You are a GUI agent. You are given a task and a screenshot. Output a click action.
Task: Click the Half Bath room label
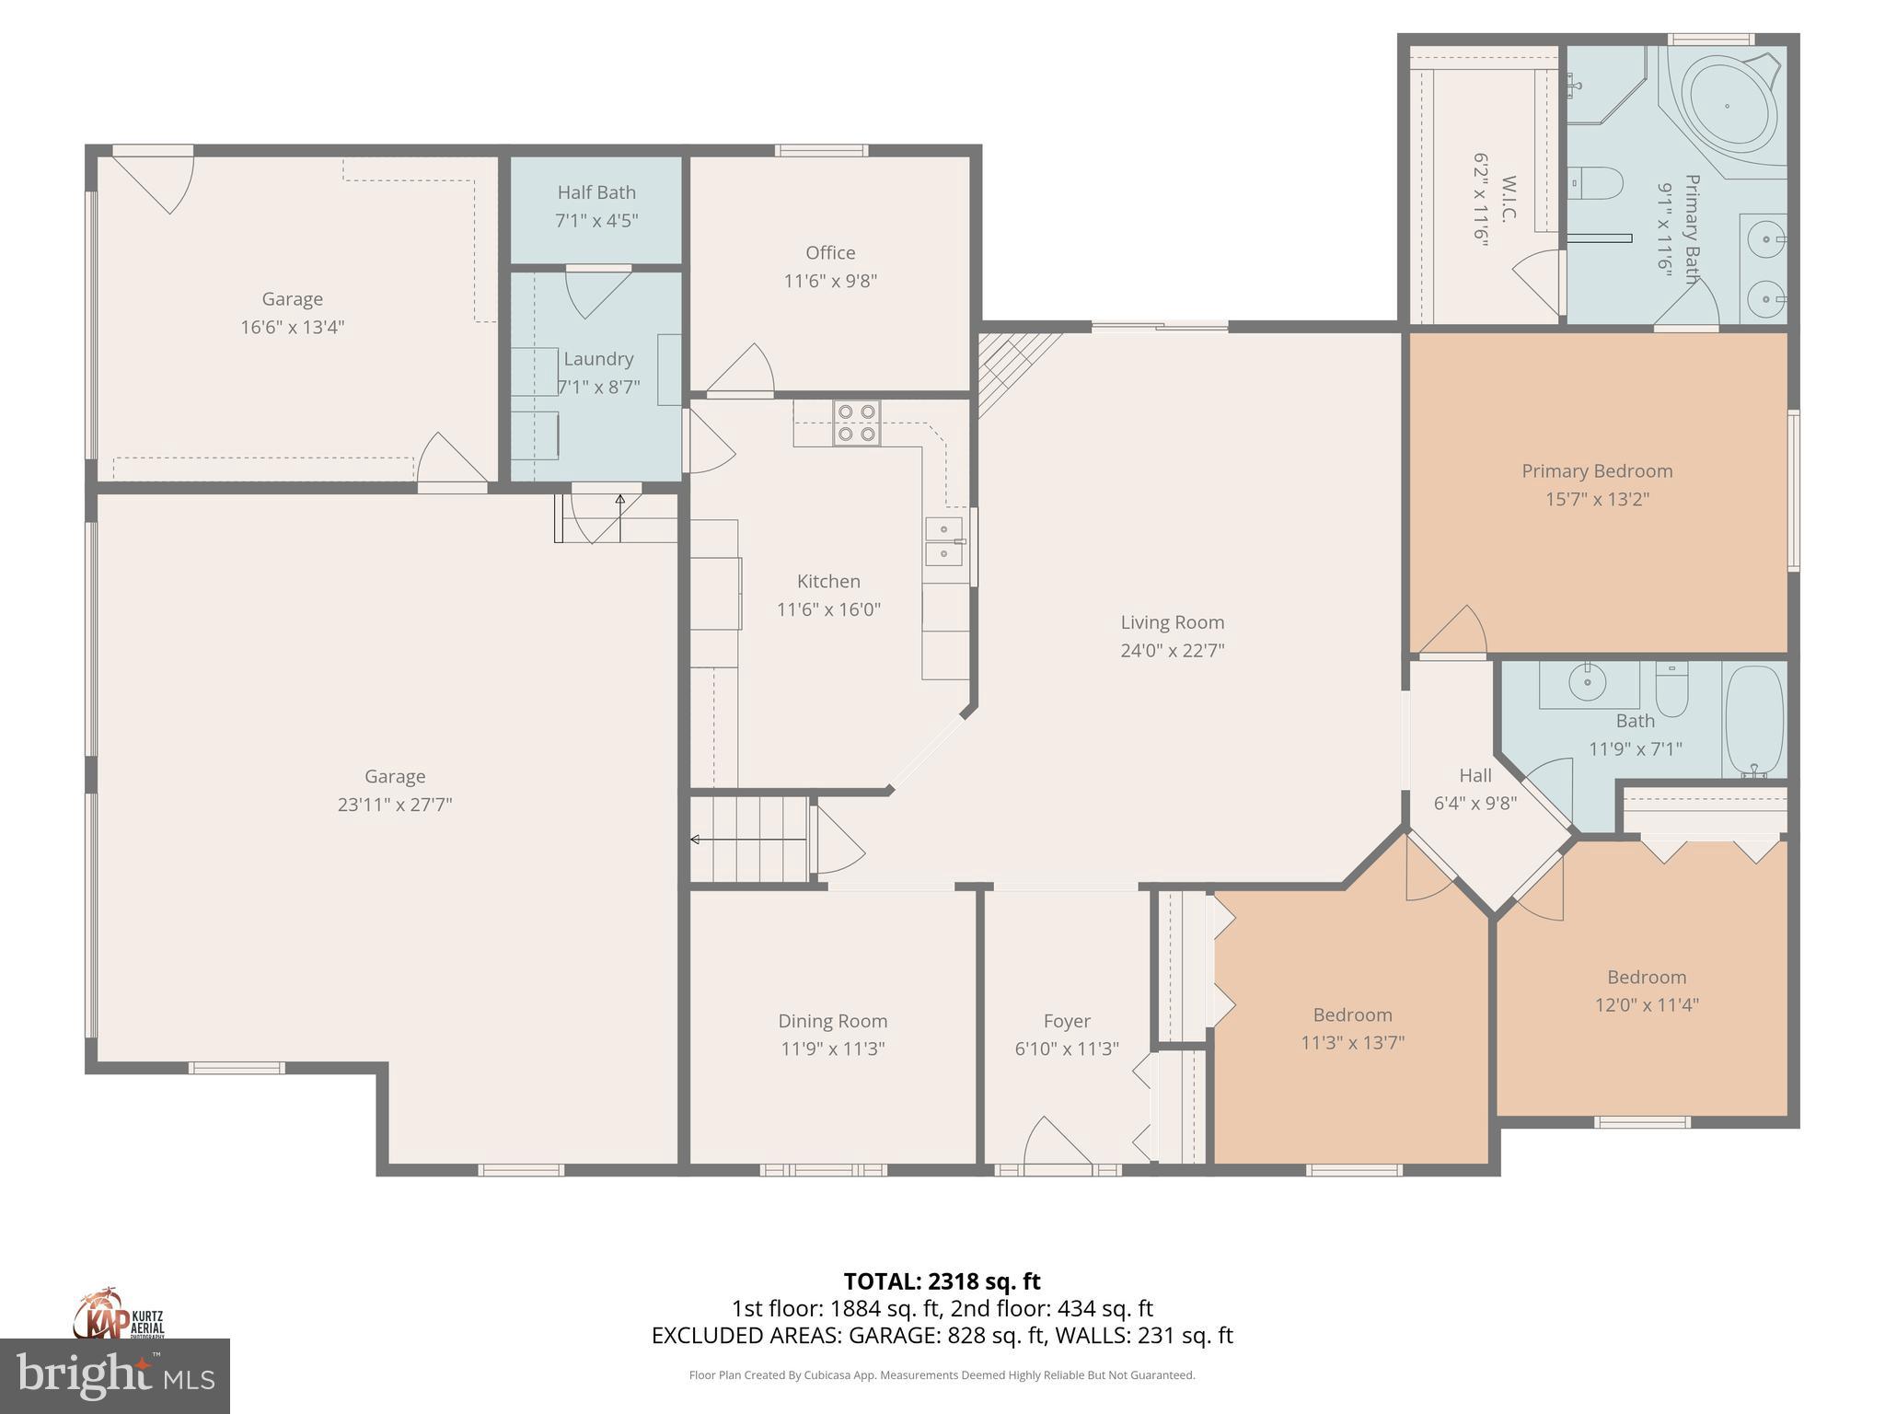click(596, 192)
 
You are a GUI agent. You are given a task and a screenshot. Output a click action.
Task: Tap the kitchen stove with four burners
click(856, 423)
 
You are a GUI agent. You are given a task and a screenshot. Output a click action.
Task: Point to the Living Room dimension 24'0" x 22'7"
click(1172, 650)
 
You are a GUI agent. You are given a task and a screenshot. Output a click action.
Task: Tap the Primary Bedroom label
click(1596, 471)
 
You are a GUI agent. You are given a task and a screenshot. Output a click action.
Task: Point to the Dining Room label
click(832, 1021)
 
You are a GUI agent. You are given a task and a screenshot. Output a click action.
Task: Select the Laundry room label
click(598, 359)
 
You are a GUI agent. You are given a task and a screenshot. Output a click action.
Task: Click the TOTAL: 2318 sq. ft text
click(942, 1281)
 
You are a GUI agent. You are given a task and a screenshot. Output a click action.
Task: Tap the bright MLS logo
click(114, 1376)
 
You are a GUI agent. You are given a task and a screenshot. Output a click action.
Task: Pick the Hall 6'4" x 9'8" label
click(1474, 789)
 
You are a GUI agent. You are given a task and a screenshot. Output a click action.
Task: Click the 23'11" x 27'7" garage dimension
click(394, 805)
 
